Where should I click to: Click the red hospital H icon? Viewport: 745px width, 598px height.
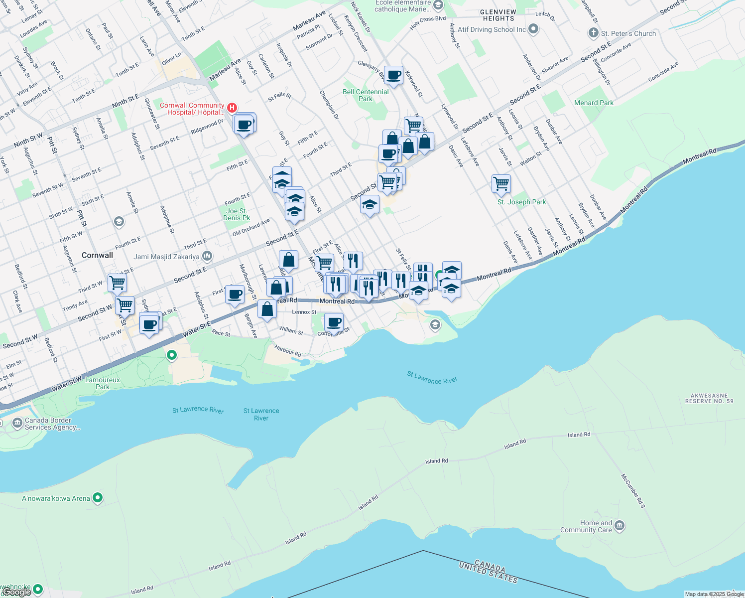pos(232,108)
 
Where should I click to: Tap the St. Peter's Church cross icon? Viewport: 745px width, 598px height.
pos(593,33)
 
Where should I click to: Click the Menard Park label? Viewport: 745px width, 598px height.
pos(594,103)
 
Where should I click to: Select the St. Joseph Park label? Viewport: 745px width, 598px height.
pos(521,202)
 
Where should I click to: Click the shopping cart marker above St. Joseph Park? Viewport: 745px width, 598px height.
pos(501,183)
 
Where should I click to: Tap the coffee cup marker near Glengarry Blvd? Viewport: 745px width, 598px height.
pos(393,75)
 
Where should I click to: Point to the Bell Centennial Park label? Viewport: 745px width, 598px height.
pos(366,95)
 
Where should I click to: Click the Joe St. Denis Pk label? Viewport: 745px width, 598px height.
pos(237,214)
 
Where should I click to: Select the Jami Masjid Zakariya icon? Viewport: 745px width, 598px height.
pos(207,257)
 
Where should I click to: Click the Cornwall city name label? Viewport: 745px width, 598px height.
pos(97,255)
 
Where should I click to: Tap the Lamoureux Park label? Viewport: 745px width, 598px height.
pos(103,383)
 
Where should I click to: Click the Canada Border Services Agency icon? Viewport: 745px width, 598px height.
pos(17,424)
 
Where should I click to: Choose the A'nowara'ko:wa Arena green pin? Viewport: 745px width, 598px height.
pos(98,498)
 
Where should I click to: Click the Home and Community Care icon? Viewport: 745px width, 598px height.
pos(620,526)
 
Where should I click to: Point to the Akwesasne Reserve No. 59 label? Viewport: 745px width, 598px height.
pos(709,398)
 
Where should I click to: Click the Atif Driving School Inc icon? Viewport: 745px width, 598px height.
pos(533,29)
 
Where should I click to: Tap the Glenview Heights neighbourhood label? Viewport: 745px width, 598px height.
pos(498,15)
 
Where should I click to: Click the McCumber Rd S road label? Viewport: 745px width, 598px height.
pos(632,491)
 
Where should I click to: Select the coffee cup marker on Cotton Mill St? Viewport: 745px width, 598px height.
pos(334,322)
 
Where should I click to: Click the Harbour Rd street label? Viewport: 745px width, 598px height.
pos(288,350)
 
